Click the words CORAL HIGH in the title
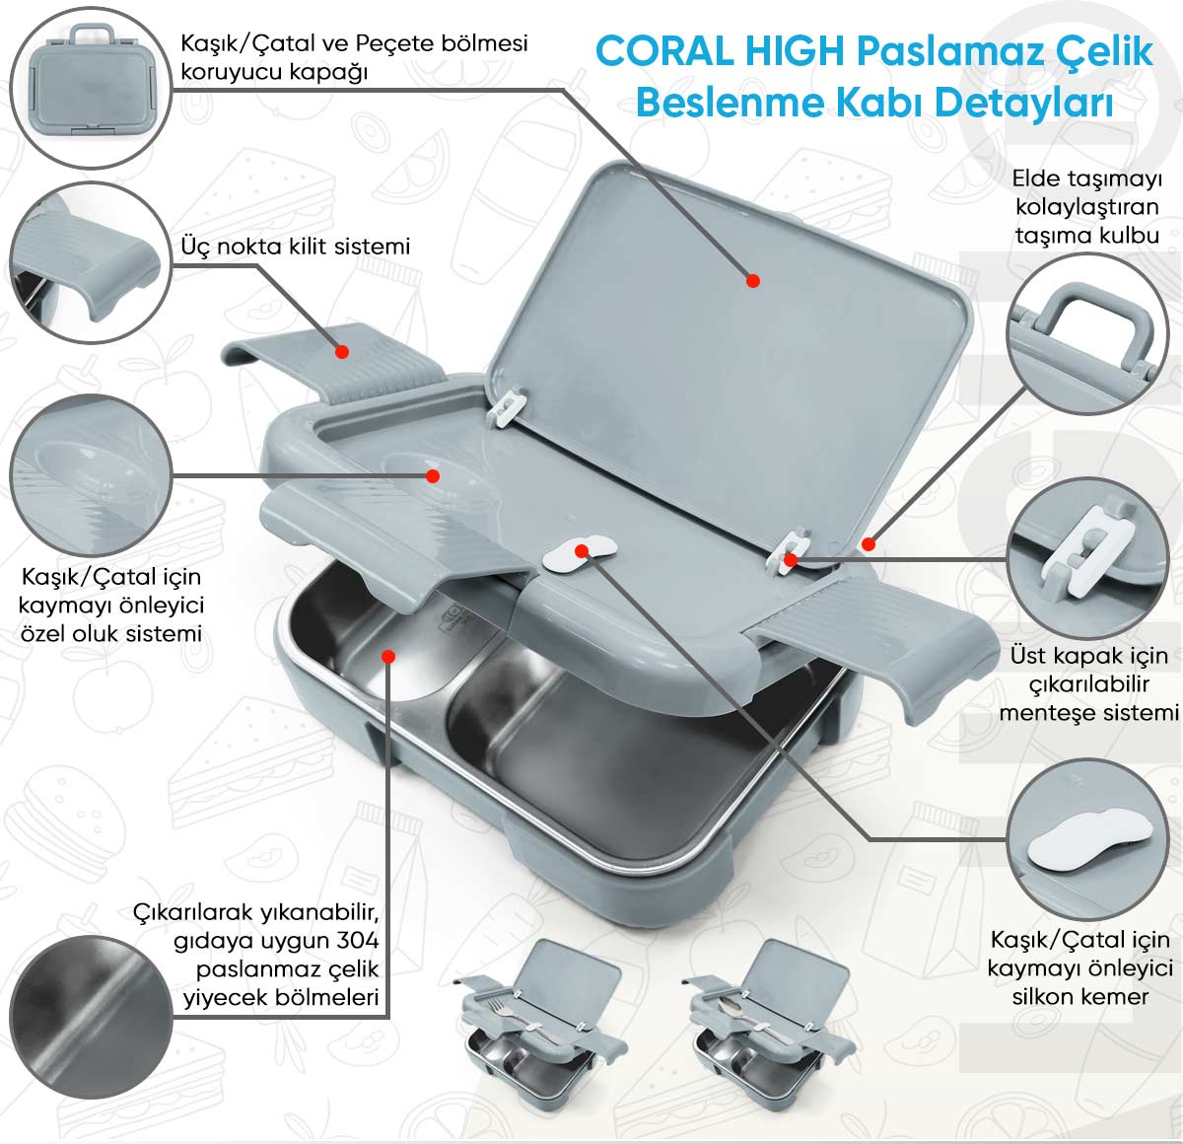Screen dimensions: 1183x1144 (721, 51)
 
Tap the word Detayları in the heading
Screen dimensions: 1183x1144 (1024, 104)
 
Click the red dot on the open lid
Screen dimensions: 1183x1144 (753, 281)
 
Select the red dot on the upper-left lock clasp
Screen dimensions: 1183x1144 (342, 351)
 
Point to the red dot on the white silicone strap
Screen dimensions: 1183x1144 (582, 551)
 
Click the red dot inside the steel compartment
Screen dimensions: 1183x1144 (389, 656)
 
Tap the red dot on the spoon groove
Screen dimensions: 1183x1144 (433, 475)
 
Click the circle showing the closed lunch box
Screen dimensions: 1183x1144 (91, 88)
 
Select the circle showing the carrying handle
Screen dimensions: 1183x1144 (1088, 334)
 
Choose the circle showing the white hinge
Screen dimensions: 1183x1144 (1088, 559)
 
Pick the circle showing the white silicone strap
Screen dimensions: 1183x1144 (1088, 839)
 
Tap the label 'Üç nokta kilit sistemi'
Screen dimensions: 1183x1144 (296, 247)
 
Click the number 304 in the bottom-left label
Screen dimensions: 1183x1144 (358, 941)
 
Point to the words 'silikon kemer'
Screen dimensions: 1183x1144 (1080, 997)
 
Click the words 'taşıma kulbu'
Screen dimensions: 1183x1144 (1087, 236)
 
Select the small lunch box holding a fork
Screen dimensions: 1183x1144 (541, 1027)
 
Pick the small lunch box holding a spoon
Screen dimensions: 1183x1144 (770, 1027)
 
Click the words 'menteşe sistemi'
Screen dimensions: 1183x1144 (1088, 712)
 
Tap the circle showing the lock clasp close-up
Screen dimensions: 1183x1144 (91, 262)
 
